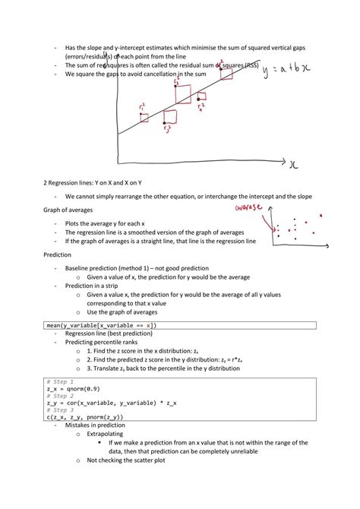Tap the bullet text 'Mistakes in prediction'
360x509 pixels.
[x=96, y=425]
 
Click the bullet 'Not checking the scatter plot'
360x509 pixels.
[x=126, y=460]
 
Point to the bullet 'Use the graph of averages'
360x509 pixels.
[x=122, y=311]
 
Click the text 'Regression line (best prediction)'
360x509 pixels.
[x=109, y=333]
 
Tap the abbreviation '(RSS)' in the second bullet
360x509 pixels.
[x=247, y=65]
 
